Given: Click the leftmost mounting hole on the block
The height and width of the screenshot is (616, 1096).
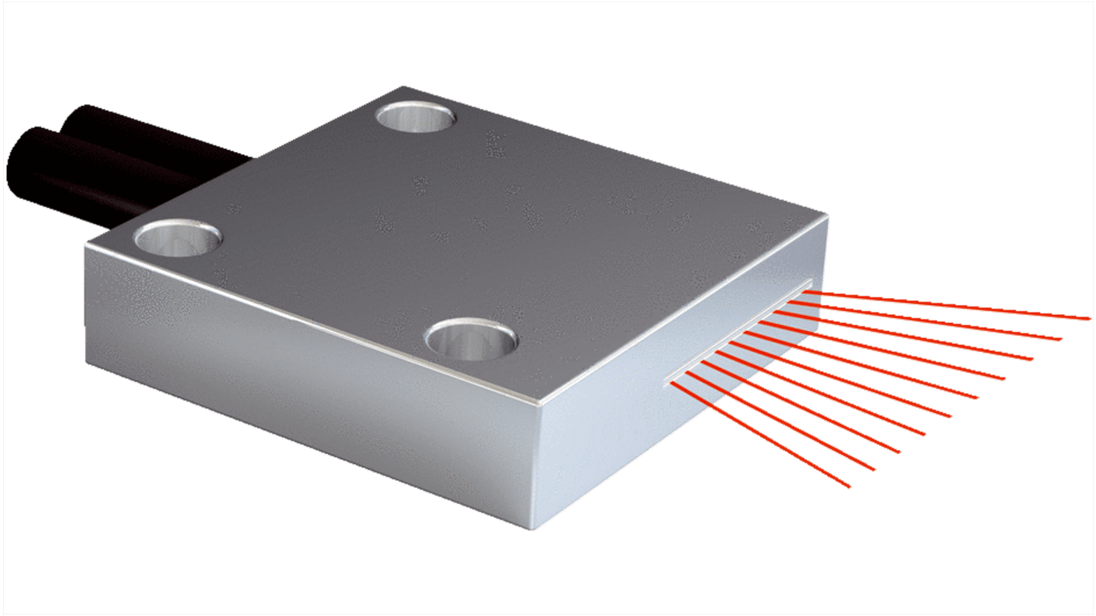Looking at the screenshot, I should click(174, 238).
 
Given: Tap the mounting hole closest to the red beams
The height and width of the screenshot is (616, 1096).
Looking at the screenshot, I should click(472, 340).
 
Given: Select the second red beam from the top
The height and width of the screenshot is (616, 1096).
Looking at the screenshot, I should click(926, 321).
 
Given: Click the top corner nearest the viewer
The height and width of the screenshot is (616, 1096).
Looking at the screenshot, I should click(540, 404).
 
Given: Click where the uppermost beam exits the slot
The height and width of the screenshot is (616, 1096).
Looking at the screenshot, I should click(807, 291).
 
